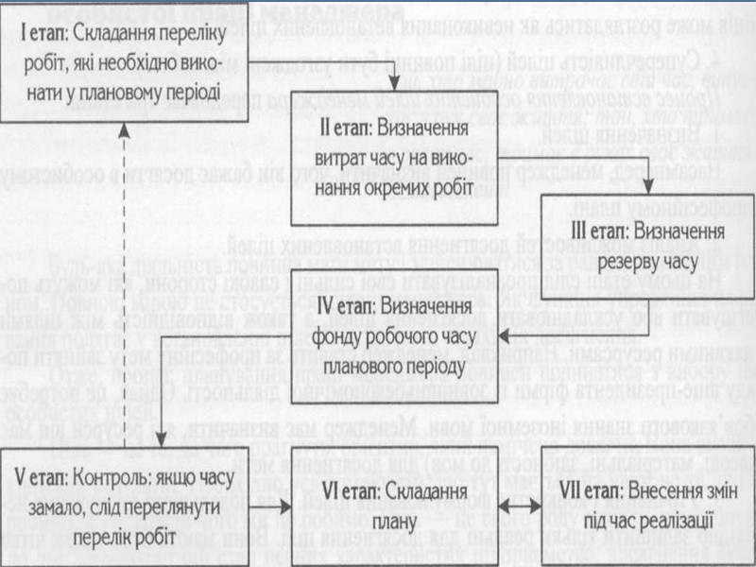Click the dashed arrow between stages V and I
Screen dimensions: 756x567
(x=120, y=283)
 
